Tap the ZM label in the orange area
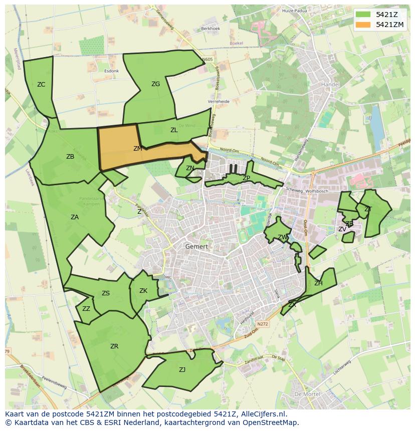tap(138, 149)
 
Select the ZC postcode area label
tap(41, 85)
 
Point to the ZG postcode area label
tap(155, 84)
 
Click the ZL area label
tap(174, 130)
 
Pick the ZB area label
tap(70, 157)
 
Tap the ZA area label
tap(75, 217)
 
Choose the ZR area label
tap(114, 346)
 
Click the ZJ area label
tap(182, 370)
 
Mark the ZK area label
tap(143, 291)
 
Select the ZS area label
tap(106, 293)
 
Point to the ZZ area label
tap(86, 309)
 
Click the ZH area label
tap(318, 283)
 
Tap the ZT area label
tap(368, 209)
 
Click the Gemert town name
tap(196, 247)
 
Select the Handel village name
tap(330, 85)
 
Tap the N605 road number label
tap(207, 60)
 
